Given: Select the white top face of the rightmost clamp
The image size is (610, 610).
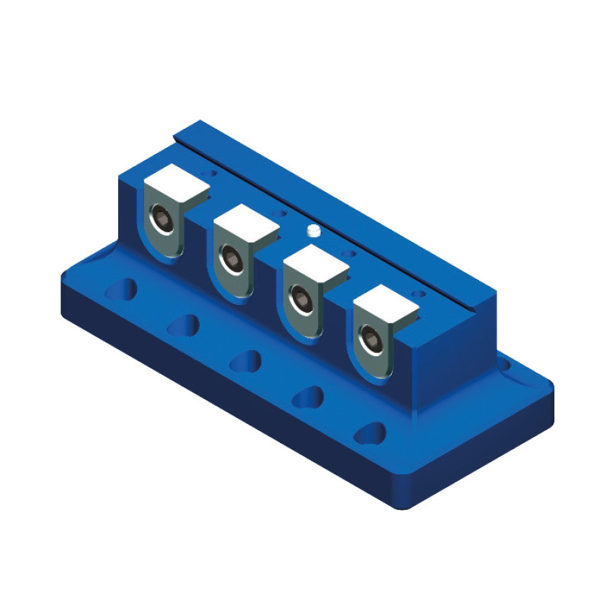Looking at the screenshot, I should click(x=385, y=303).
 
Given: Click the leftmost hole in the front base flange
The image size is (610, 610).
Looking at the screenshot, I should click(x=122, y=291).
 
